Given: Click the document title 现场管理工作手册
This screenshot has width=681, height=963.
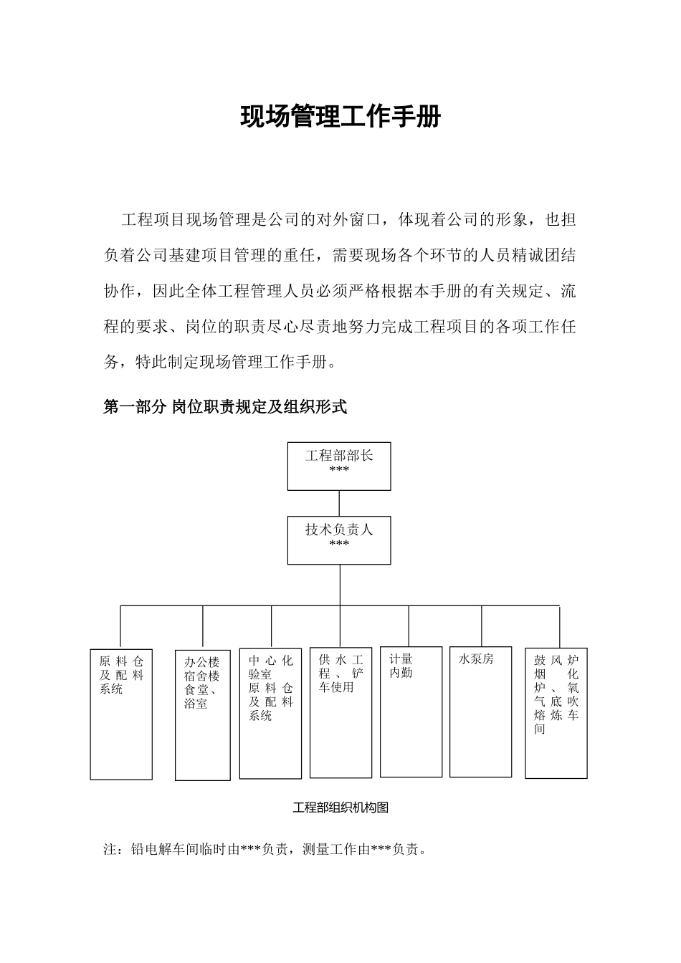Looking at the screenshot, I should pyautogui.click(x=340, y=117).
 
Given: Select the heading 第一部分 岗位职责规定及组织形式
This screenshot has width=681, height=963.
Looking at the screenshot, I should pyautogui.click(x=225, y=408).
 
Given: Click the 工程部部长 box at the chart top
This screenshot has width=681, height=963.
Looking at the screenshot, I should pyautogui.click(x=339, y=466).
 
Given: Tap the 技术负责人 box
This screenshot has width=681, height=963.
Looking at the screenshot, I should pyautogui.click(x=339, y=540).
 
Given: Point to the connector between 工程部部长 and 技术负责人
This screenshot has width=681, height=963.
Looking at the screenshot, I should pyautogui.click(x=339, y=503).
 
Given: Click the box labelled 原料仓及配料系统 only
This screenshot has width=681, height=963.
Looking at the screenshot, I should pyautogui.click(x=121, y=714).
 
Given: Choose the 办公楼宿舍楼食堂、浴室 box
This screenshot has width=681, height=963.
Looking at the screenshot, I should pyautogui.click(x=203, y=715).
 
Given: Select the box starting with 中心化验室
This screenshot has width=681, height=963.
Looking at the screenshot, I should pyautogui.click(x=270, y=714).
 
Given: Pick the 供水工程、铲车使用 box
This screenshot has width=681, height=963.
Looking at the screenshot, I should pyautogui.click(x=340, y=712).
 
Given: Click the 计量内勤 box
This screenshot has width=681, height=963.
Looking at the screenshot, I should pyautogui.click(x=411, y=712).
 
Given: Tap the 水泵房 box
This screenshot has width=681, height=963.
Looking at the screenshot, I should pyautogui.click(x=480, y=712).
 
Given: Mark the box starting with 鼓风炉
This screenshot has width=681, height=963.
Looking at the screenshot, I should pyautogui.click(x=556, y=714).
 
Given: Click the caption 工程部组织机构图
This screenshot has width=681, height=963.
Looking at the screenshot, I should pyautogui.click(x=340, y=808).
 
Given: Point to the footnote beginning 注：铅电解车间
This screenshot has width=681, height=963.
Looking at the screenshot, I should pyautogui.click(x=266, y=850).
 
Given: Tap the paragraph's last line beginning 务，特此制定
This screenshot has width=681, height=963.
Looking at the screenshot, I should pyautogui.click(x=219, y=362).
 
